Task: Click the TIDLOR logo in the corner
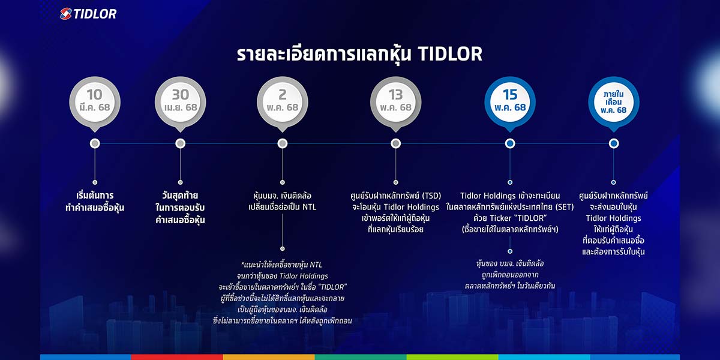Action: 88,14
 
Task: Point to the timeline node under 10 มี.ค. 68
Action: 95,143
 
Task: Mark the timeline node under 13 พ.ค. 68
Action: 395,143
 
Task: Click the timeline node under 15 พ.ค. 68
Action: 510,143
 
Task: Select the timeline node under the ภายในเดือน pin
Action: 614,143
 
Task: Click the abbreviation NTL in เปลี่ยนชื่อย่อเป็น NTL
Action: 309,207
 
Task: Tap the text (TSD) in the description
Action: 431,196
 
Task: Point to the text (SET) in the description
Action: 564,207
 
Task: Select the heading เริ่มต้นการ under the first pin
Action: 95,196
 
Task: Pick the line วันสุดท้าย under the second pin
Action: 181,196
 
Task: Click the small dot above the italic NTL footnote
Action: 283,248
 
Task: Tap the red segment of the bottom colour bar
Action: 177,357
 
